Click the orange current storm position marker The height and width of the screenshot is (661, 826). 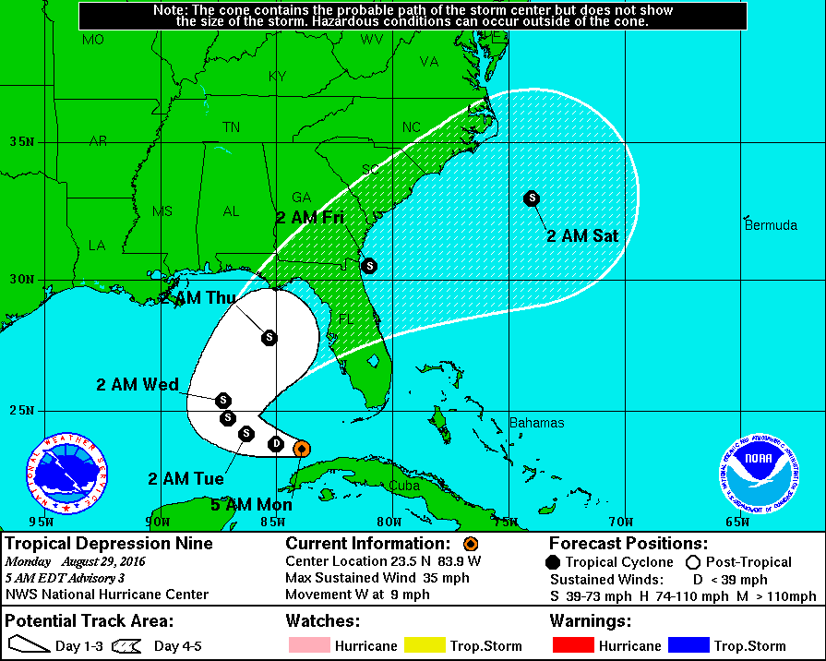(301, 449)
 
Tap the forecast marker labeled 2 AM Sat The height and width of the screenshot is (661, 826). (532, 198)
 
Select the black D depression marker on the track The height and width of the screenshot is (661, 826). (275, 444)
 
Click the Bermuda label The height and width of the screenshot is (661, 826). (771, 225)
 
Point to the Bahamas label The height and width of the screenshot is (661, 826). (536, 423)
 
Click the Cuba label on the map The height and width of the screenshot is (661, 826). (403, 485)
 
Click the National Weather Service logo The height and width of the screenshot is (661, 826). (67, 474)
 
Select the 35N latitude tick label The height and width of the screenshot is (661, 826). (22, 142)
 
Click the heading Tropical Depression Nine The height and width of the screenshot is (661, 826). (110, 544)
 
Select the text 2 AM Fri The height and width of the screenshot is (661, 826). (310, 218)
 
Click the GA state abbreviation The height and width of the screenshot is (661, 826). (302, 197)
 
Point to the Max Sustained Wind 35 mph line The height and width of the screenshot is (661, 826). (377, 578)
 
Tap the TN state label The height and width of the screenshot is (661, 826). (232, 127)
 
